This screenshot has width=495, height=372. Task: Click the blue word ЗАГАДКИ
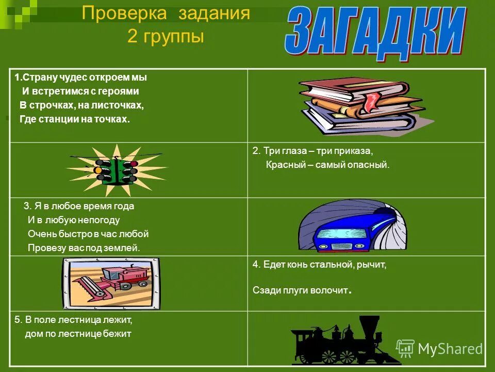click(x=375, y=31)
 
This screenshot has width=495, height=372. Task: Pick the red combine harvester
click(x=111, y=281)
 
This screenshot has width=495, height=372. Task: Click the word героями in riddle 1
click(x=122, y=91)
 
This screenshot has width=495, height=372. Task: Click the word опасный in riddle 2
click(x=369, y=165)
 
